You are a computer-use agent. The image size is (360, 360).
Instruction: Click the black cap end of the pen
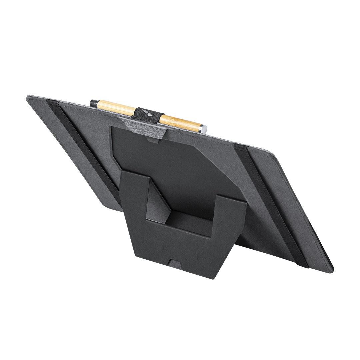[x=94, y=103]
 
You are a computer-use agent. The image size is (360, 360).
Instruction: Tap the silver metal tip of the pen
[x=204, y=128]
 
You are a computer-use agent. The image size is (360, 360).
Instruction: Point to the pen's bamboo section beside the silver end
[x=180, y=123]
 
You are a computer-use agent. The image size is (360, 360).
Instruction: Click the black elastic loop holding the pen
[x=147, y=114]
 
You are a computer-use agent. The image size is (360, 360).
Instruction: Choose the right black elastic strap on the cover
[x=270, y=200]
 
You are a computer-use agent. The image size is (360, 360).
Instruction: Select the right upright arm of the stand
[x=230, y=213]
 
